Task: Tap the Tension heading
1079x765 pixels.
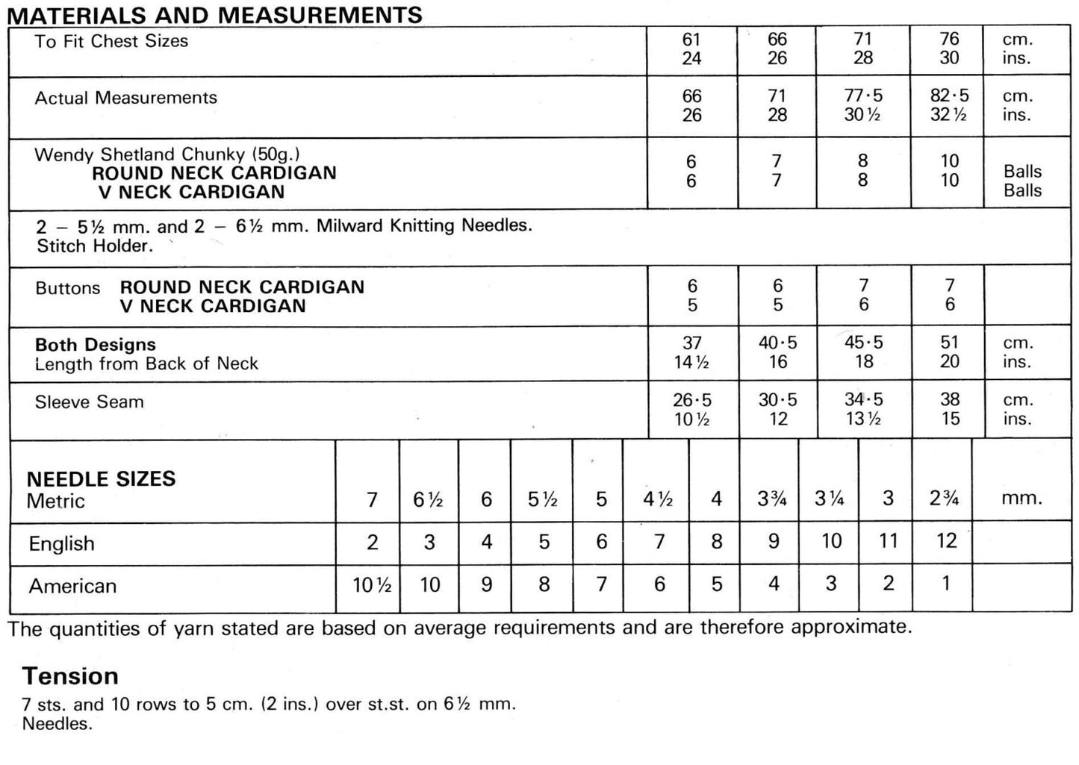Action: tap(70, 676)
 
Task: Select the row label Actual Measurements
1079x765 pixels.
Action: tap(125, 98)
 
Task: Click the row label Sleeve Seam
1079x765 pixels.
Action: tap(89, 402)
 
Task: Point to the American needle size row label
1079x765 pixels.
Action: tap(72, 586)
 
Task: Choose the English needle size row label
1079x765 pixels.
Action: tap(61, 543)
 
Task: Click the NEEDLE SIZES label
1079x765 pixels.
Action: tap(101, 479)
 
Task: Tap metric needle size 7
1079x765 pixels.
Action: tap(372, 499)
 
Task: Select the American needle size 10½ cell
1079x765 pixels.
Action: tap(372, 585)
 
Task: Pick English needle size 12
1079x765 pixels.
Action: tap(946, 541)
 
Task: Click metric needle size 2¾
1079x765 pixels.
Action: tap(945, 499)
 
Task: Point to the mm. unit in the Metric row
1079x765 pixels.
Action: tap(1021, 499)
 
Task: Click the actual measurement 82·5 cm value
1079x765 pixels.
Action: tap(949, 96)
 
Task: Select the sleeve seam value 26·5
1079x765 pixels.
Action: tap(691, 400)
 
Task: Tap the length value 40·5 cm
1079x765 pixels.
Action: tap(777, 343)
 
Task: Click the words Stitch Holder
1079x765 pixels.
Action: tap(94, 246)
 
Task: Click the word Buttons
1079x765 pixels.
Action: tap(67, 288)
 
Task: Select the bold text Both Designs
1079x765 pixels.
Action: tap(95, 345)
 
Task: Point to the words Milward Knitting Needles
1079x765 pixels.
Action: tap(424, 225)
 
